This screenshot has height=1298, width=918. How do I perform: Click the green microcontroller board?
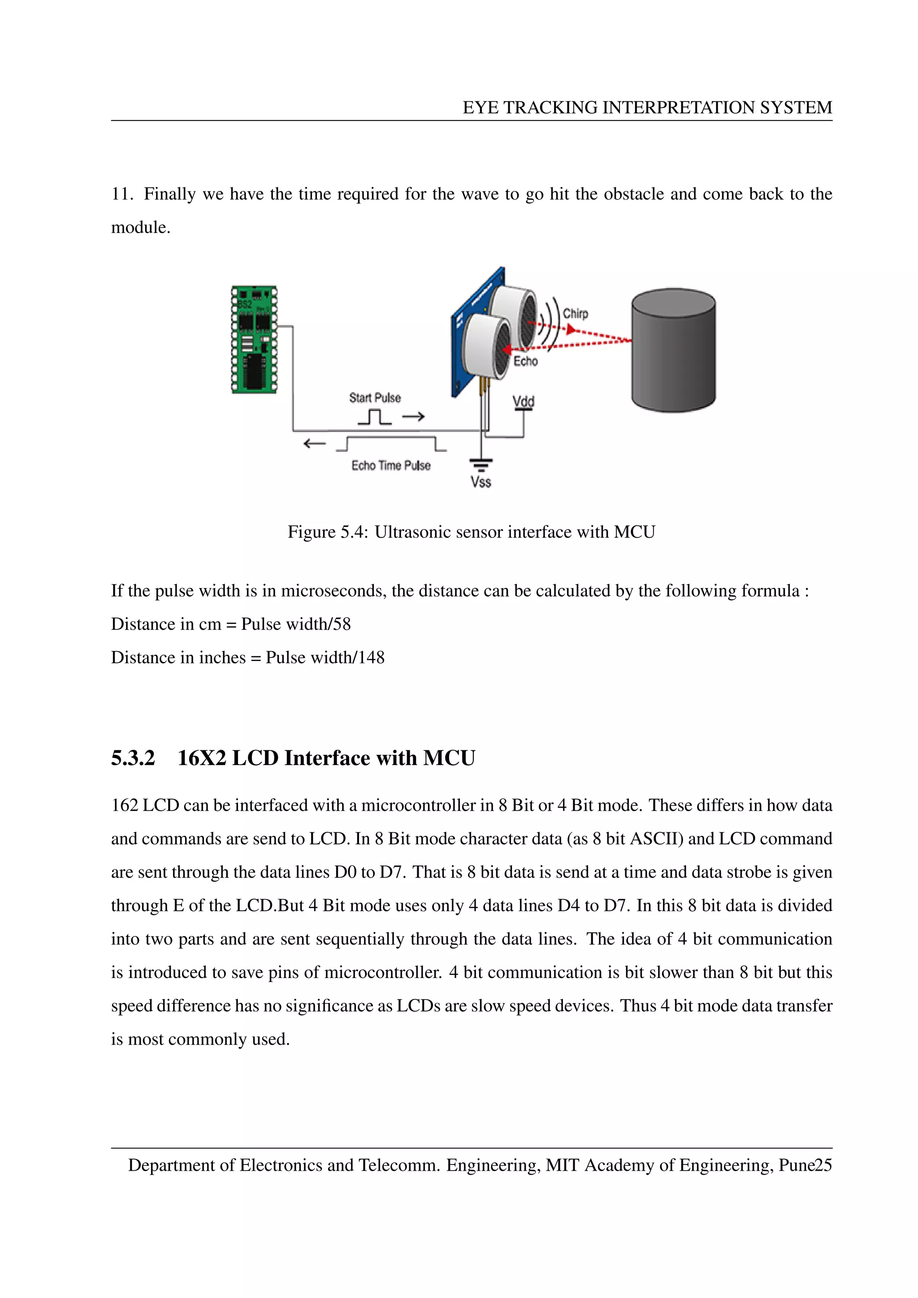(254, 339)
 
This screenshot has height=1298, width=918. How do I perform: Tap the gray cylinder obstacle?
(673, 350)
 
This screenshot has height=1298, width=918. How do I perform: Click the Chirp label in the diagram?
(575, 314)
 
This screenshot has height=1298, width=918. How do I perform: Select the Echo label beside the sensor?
(525, 361)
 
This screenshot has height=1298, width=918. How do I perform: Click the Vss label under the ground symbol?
(481, 482)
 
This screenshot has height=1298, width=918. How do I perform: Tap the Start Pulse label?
(375, 398)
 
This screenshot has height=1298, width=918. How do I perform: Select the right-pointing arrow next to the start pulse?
(413, 417)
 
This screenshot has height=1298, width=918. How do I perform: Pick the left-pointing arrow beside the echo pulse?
(314, 443)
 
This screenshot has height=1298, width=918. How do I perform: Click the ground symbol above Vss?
(481, 465)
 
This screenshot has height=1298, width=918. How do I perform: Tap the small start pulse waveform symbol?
(374, 417)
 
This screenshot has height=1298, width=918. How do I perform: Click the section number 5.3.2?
(133, 758)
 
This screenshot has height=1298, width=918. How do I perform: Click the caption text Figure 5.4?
(327, 532)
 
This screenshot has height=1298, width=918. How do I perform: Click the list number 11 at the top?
(121, 194)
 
